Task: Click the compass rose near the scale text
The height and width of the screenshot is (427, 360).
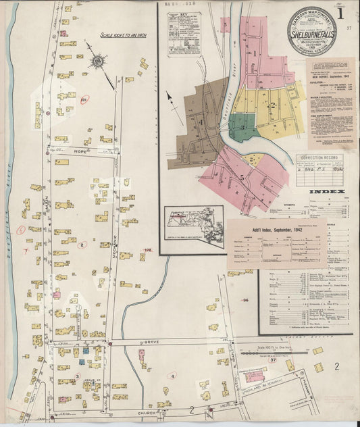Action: click(x=97, y=61)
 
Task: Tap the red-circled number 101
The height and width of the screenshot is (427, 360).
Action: click(x=84, y=101)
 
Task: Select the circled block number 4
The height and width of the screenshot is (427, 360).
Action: click(x=172, y=376)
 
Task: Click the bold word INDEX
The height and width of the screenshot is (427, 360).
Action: click(x=327, y=192)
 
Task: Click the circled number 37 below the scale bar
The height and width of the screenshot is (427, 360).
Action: click(x=273, y=361)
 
